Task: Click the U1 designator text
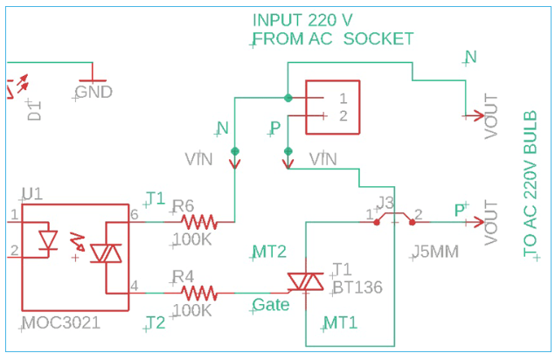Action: (x=31, y=193)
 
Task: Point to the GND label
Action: (x=94, y=92)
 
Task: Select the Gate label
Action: (x=271, y=305)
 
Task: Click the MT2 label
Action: (x=269, y=253)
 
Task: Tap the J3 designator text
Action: (x=385, y=203)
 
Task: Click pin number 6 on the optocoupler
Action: (x=134, y=214)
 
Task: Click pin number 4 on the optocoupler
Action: (x=134, y=285)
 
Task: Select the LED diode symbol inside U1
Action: (x=49, y=239)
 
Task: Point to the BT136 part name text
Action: (x=357, y=286)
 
